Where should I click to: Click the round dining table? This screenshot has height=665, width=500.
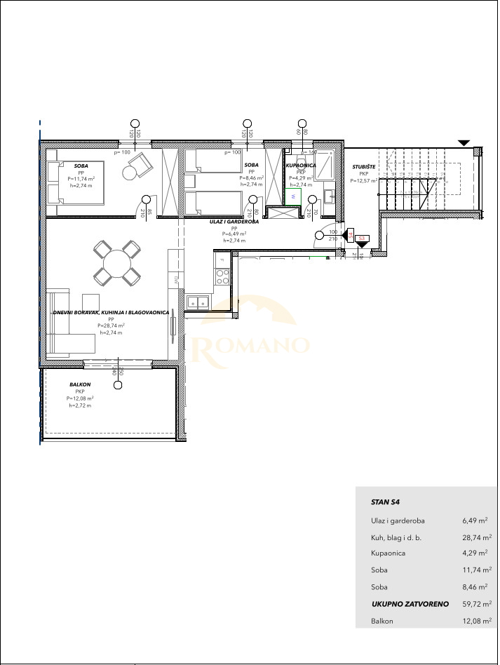[116, 264]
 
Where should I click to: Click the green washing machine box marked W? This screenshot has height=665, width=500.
[293, 198]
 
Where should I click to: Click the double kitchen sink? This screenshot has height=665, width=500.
[197, 302]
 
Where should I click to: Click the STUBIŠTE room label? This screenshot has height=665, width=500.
[364, 167]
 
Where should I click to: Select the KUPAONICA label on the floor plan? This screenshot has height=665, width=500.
[301, 166]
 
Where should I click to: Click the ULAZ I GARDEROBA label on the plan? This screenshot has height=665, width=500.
[235, 222]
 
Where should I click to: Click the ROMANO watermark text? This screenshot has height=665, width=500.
[250, 345]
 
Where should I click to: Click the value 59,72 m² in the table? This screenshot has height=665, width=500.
[477, 604]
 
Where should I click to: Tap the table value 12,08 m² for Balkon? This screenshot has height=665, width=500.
[477, 621]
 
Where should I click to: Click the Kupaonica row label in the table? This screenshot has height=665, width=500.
[388, 553]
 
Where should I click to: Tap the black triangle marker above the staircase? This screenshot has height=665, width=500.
[463, 143]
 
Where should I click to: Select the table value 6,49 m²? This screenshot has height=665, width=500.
[475, 520]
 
